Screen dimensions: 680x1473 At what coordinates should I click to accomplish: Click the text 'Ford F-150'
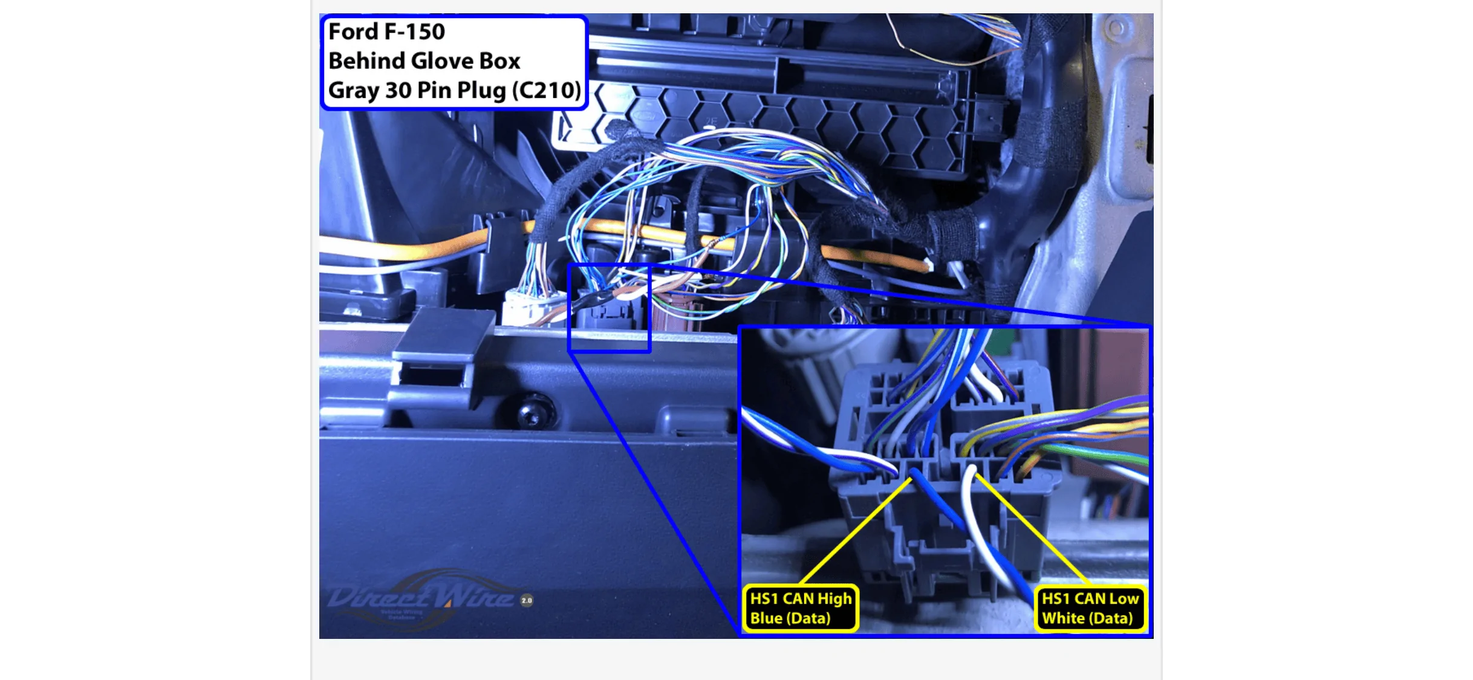(386, 31)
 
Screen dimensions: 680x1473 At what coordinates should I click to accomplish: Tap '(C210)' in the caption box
(546, 91)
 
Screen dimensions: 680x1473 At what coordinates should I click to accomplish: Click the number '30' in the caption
(398, 91)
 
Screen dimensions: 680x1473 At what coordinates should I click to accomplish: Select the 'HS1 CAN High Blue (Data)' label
(800, 608)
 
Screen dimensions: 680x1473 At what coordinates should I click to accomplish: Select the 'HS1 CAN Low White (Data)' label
(1089, 608)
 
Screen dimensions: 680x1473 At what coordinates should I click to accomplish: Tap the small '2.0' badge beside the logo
(527, 600)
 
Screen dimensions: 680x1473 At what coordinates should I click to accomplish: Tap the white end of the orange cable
(928, 265)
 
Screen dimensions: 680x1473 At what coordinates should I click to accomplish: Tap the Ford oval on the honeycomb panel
(645, 115)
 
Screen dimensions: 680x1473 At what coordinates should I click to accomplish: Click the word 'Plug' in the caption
(481, 91)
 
